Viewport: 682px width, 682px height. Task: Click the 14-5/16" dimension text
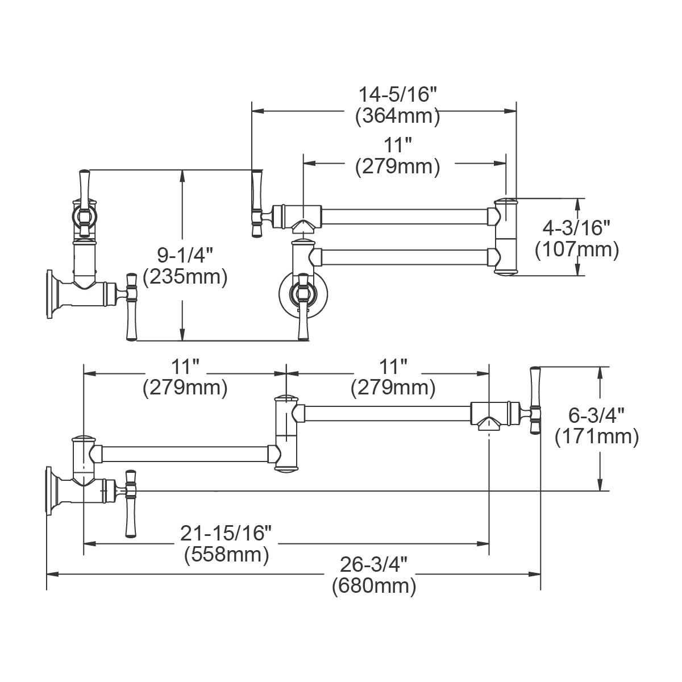397,93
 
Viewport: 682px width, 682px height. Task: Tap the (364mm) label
397,116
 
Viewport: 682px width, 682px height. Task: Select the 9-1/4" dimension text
185,253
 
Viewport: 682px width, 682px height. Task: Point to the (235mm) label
185,277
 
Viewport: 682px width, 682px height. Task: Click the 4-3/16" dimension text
577,227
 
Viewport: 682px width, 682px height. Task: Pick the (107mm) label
577,249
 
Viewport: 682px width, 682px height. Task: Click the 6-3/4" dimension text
597,414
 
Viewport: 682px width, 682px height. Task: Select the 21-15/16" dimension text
226,533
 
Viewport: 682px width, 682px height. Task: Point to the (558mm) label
226,555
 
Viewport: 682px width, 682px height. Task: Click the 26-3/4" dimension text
374,564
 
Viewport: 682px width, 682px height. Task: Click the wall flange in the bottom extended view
51,491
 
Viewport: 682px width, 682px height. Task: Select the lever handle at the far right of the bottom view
534,400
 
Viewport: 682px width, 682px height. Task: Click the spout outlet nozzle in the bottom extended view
489,422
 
